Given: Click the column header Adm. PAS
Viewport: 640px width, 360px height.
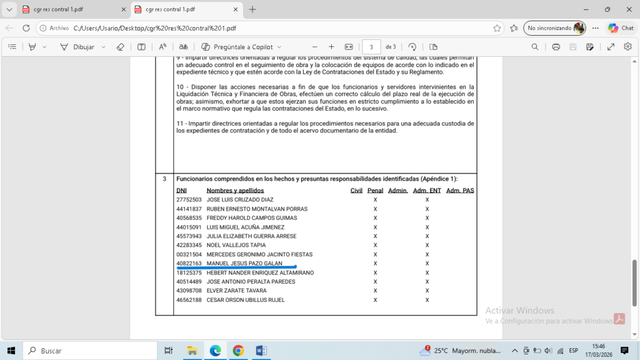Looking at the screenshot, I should [x=460, y=190].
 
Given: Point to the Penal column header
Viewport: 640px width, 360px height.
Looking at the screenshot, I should [x=375, y=190].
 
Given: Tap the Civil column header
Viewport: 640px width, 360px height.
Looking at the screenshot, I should [x=356, y=190].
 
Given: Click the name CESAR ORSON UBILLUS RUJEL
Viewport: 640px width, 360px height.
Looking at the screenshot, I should [x=246, y=300].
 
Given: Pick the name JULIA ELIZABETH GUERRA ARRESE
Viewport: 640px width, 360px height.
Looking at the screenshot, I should [x=251, y=236].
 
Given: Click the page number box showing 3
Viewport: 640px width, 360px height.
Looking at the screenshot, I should [x=371, y=47].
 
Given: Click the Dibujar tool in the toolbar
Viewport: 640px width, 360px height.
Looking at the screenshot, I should [x=83, y=47].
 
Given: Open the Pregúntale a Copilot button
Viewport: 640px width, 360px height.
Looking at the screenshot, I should [x=241, y=47].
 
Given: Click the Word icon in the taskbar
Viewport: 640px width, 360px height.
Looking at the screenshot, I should [x=261, y=351].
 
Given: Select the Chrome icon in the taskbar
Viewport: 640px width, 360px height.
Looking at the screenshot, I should [x=238, y=351].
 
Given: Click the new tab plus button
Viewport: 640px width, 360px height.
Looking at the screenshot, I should [x=252, y=9].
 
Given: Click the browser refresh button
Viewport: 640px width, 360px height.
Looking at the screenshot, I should [x=26, y=28].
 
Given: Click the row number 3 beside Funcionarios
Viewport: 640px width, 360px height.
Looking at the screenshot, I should [x=164, y=179].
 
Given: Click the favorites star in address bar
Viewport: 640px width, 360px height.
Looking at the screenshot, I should [x=497, y=28].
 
